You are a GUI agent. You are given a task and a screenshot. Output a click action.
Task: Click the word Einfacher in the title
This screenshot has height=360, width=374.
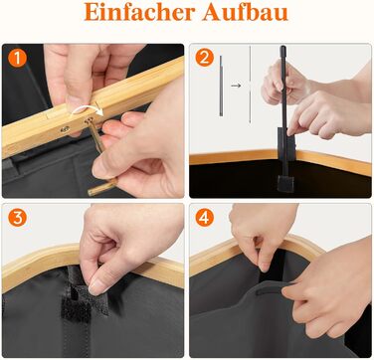pos(140,12)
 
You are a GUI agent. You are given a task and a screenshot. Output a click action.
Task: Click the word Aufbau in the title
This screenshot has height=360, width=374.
pos(246,12)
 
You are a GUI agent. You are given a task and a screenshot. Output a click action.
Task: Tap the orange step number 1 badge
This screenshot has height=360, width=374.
pos(17,58)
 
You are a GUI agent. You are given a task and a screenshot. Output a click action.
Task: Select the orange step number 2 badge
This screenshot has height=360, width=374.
pos(205,58)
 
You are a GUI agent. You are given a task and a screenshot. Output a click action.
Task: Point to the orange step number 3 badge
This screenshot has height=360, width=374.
pos(17,218)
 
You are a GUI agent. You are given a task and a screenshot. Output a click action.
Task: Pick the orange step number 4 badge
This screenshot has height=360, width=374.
pos(205,219)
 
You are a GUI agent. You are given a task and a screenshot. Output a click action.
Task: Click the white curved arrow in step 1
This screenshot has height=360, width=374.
pos(87,110)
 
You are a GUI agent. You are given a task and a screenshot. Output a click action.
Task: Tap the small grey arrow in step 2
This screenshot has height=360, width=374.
pos(236,86)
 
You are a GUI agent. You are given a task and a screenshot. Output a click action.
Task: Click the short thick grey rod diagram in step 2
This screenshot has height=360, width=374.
pos(221,86)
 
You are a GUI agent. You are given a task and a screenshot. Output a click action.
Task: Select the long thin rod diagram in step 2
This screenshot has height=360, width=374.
pos(250,85)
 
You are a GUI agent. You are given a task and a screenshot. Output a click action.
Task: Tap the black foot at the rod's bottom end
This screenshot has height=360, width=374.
pos(285,184)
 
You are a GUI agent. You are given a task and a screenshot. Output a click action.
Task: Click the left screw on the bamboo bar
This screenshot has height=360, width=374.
pos(65,129)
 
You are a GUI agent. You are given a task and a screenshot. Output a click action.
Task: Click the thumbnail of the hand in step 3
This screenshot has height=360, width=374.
pos(98,285)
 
